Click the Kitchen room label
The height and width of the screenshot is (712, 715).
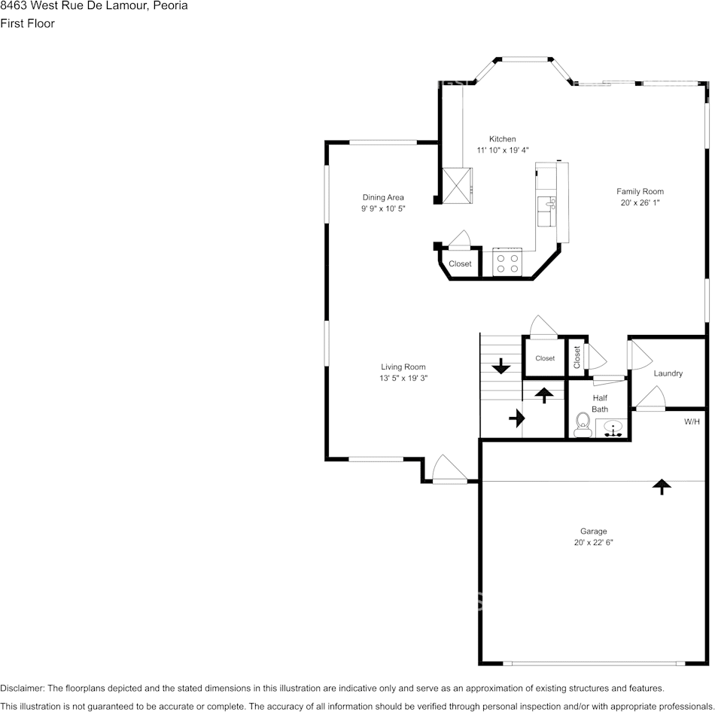pyautogui.click(x=503, y=138)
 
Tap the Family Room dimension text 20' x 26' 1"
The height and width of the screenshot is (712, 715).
pyautogui.click(x=640, y=202)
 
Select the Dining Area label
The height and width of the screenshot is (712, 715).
pyautogui.click(x=383, y=197)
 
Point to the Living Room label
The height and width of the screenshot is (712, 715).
pyautogui.click(x=403, y=367)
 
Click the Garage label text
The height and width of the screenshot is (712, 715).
pyautogui.click(x=593, y=531)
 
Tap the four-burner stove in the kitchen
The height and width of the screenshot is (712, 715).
pyautogui.click(x=507, y=262)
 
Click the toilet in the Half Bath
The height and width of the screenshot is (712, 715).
pyautogui.click(x=582, y=425)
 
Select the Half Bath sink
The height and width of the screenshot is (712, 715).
pyautogui.click(x=613, y=429)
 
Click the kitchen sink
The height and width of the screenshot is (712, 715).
pyautogui.click(x=546, y=211)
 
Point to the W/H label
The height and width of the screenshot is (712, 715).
pyautogui.click(x=692, y=421)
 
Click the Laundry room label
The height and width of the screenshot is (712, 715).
pyautogui.click(x=668, y=373)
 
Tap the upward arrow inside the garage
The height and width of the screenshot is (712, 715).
pyautogui.click(x=662, y=487)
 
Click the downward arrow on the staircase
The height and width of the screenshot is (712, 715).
pyautogui.click(x=500, y=367)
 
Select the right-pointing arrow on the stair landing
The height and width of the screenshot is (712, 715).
pyautogui.click(x=517, y=418)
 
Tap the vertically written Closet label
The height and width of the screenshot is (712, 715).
pyautogui.click(x=577, y=358)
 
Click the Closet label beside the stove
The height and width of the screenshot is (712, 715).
pyautogui.click(x=460, y=263)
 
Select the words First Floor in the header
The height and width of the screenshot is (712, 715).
pyautogui.click(x=27, y=23)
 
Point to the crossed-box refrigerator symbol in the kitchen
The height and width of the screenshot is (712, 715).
pyautogui.click(x=457, y=185)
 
